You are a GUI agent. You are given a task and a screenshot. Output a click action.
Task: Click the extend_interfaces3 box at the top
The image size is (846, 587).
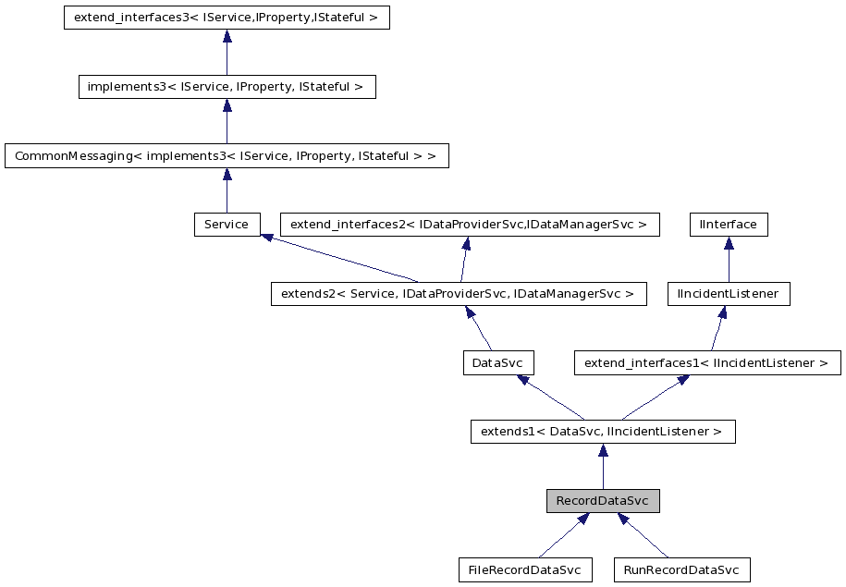[227, 18]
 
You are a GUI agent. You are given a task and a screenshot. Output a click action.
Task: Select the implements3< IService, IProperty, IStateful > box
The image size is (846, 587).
[227, 87]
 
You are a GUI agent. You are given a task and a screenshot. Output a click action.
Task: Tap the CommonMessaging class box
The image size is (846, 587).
[227, 155]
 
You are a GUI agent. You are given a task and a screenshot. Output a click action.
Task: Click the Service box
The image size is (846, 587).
[227, 225]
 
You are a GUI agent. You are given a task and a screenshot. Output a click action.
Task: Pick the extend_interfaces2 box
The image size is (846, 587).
[470, 225]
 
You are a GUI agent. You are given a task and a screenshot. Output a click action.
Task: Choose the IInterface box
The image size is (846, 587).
[729, 225]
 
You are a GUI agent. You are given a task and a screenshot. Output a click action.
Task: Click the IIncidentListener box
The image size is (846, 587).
[729, 294]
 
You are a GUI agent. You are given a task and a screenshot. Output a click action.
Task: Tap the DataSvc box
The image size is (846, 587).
[498, 362]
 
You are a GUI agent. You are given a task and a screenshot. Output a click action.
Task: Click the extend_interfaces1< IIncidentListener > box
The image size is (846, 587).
[707, 362]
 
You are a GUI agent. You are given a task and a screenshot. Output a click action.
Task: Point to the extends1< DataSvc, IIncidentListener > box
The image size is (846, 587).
[602, 431]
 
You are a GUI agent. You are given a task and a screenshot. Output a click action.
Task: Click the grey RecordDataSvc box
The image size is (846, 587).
[602, 501]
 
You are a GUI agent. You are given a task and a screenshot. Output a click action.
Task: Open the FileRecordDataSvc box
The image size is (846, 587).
[524, 569]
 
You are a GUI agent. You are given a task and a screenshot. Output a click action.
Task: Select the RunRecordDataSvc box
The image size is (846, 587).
[681, 569]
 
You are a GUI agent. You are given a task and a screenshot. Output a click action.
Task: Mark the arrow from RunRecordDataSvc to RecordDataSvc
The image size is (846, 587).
[644, 536]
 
